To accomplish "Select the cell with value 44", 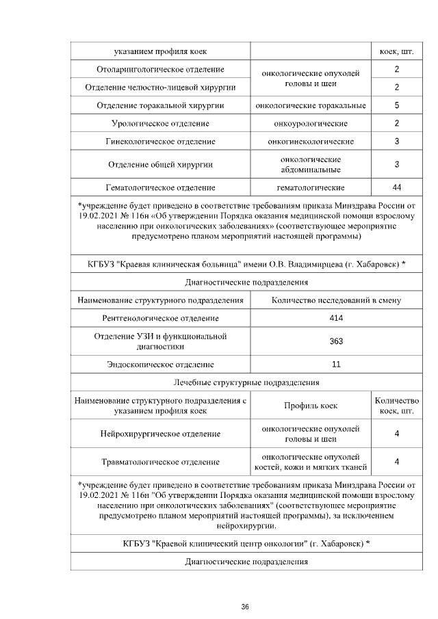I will (x=396, y=187).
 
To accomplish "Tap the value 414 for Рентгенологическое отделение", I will (x=335, y=318).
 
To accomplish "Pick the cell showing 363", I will (x=335, y=341).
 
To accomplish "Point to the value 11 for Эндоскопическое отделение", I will (x=335, y=364).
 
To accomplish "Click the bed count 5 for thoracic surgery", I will (x=396, y=105).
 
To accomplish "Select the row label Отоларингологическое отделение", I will (x=161, y=70).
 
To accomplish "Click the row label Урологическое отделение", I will (x=161, y=123).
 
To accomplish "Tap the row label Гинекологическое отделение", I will (x=161, y=141).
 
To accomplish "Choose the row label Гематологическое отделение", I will (x=161, y=187).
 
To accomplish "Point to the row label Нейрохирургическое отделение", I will (x=161, y=434).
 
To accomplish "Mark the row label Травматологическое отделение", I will (x=161, y=462).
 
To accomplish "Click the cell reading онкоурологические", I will (x=311, y=123).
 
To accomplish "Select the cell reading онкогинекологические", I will (x=311, y=141).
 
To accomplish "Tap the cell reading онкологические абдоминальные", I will (x=311, y=164).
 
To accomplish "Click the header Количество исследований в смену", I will (x=335, y=300).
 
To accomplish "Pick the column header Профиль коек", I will (x=311, y=406).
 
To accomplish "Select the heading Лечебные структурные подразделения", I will (x=245, y=382).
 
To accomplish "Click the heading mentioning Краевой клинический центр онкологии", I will (x=245, y=543).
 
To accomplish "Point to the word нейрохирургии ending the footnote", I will (x=245, y=526).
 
